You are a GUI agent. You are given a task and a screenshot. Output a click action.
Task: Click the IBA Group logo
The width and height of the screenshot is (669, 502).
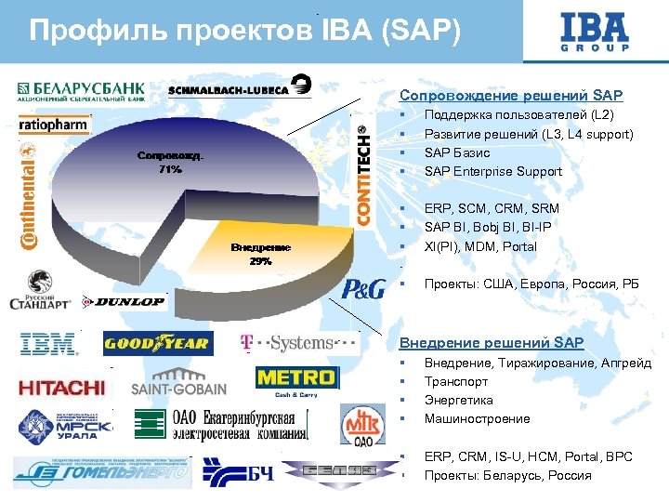[594, 33]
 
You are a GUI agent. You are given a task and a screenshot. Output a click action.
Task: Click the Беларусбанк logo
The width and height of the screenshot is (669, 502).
[80, 90]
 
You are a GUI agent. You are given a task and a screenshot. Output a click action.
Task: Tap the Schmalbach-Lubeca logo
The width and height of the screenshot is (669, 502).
[241, 89]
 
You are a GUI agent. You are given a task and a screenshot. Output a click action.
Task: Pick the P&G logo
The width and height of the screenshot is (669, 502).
[363, 288]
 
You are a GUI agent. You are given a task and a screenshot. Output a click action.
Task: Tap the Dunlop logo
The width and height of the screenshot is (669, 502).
[124, 301]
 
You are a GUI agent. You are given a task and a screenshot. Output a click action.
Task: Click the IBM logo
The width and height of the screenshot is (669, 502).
[48, 345]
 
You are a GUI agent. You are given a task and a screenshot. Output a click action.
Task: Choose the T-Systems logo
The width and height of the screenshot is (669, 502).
[298, 343]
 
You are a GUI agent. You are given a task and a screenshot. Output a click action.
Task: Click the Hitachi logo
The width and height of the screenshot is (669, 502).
[60, 387]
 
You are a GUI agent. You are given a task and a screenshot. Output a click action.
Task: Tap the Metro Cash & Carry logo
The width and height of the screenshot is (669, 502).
[295, 380]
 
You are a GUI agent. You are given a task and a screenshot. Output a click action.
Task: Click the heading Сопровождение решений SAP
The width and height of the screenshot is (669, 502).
[511, 96]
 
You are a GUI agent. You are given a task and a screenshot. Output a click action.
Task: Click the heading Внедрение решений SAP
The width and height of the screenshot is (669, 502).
[492, 343]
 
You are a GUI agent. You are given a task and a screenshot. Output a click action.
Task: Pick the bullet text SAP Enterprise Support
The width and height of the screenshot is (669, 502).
[493, 171]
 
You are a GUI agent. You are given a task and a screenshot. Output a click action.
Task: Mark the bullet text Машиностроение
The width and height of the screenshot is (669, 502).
[477, 418]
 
